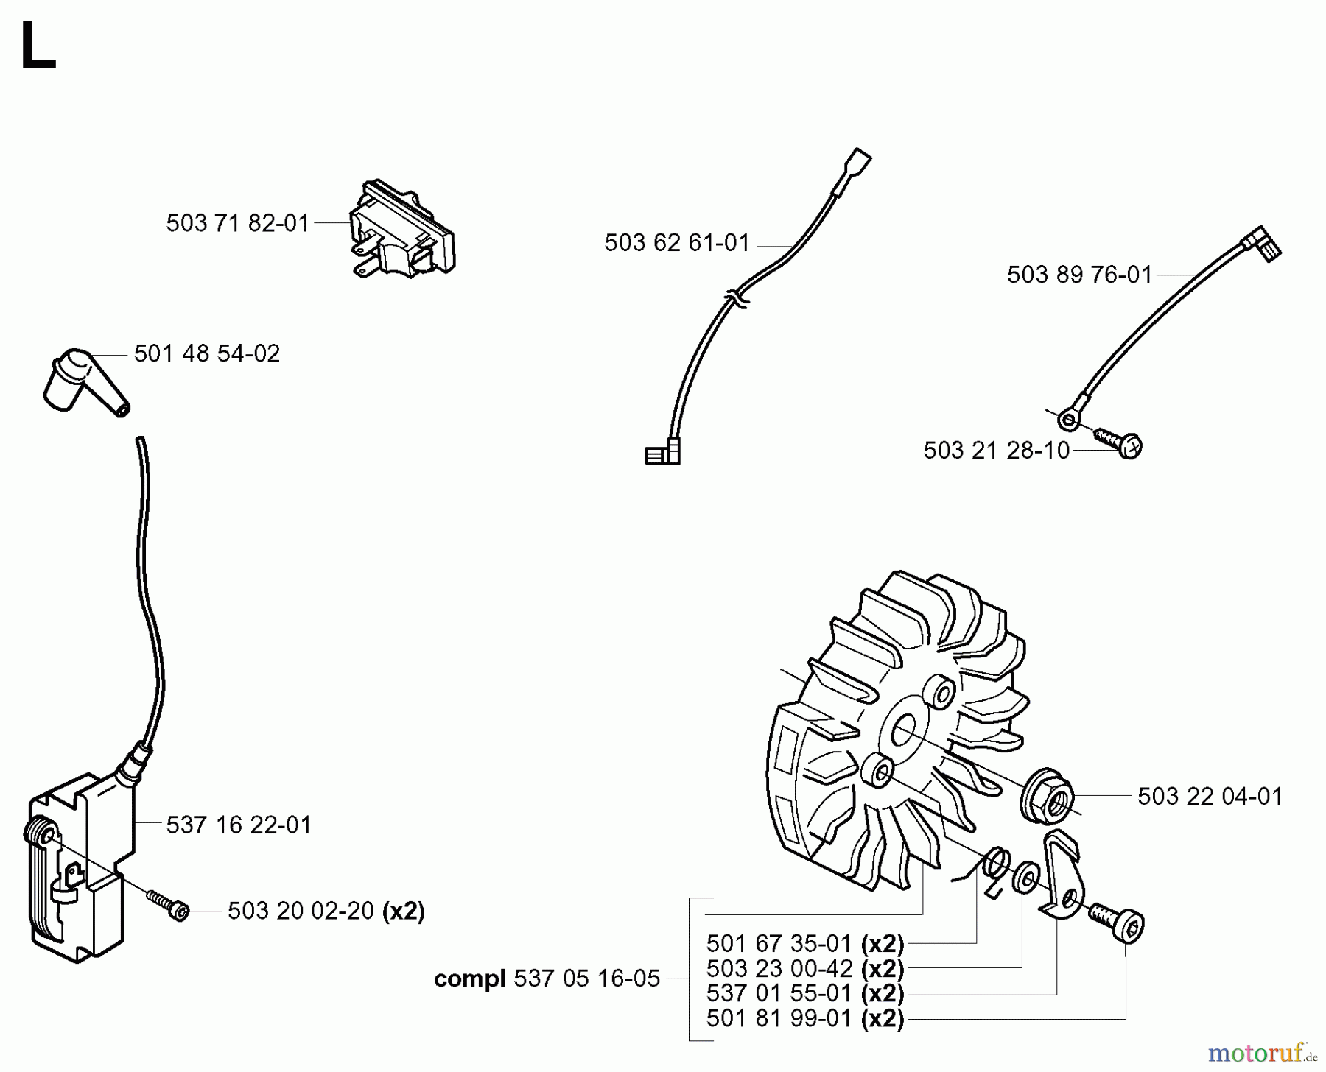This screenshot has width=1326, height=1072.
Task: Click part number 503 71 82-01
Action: [x=237, y=223]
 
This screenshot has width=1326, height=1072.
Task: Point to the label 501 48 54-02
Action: [x=207, y=354]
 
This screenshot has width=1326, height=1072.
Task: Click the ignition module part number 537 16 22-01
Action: [x=239, y=825]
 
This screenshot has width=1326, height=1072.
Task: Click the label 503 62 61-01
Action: [x=676, y=243]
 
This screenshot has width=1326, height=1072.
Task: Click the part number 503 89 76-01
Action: [x=1079, y=275]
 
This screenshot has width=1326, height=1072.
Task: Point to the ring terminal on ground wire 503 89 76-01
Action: [x=1069, y=421]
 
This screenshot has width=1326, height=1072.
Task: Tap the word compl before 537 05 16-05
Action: [x=469, y=979]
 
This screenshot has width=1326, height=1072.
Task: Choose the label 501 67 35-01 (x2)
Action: [x=804, y=944]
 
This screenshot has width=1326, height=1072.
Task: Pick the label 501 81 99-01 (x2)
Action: [x=804, y=1019]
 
